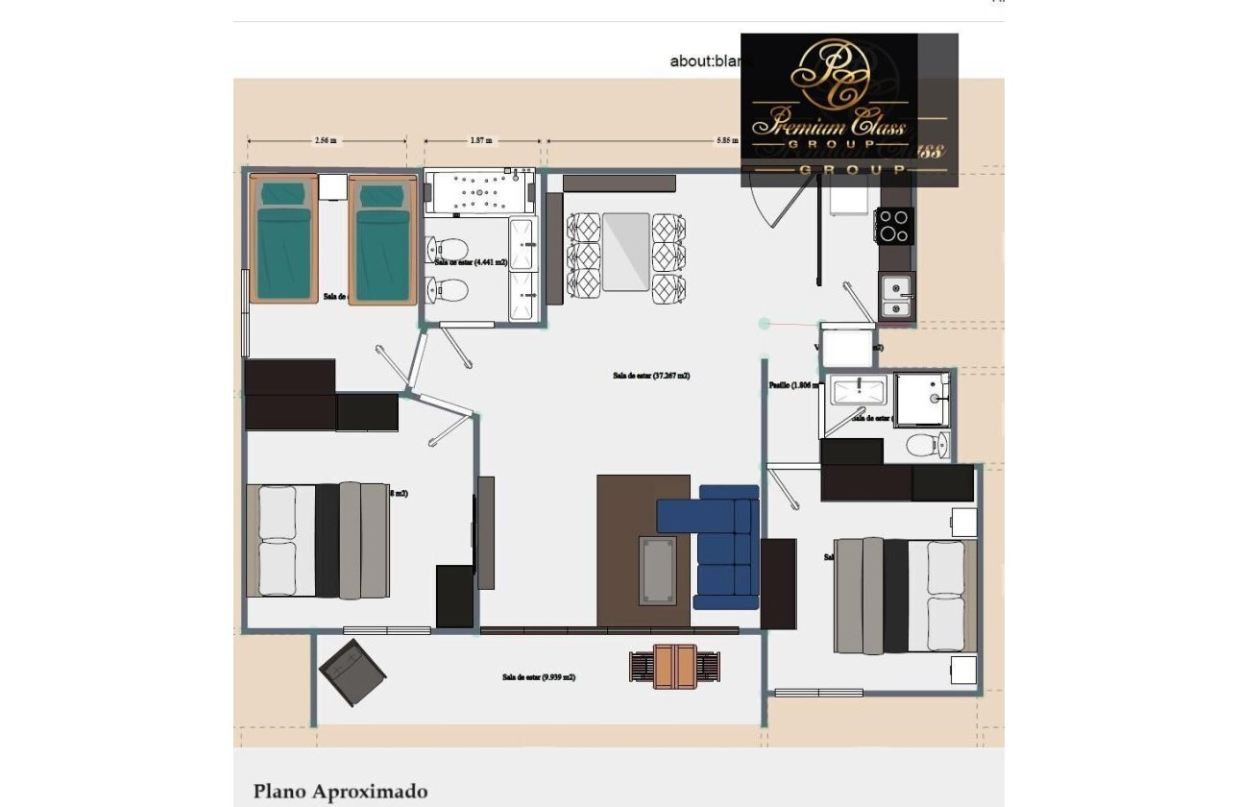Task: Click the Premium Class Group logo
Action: (x=849, y=109)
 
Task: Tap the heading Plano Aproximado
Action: (x=340, y=792)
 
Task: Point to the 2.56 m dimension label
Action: (x=326, y=140)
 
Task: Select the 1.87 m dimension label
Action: (x=481, y=140)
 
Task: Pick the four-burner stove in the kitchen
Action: (x=894, y=226)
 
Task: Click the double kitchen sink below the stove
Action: (x=896, y=297)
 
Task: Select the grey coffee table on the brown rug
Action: (x=658, y=570)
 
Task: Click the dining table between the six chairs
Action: (x=627, y=252)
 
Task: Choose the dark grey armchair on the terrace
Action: (x=352, y=672)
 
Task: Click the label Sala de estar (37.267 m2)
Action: (x=651, y=376)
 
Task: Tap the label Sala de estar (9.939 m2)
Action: (x=539, y=677)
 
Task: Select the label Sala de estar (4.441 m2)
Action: (x=471, y=261)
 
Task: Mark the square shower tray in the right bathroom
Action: (x=922, y=399)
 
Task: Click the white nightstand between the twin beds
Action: (x=332, y=186)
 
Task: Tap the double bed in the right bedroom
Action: (x=906, y=596)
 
